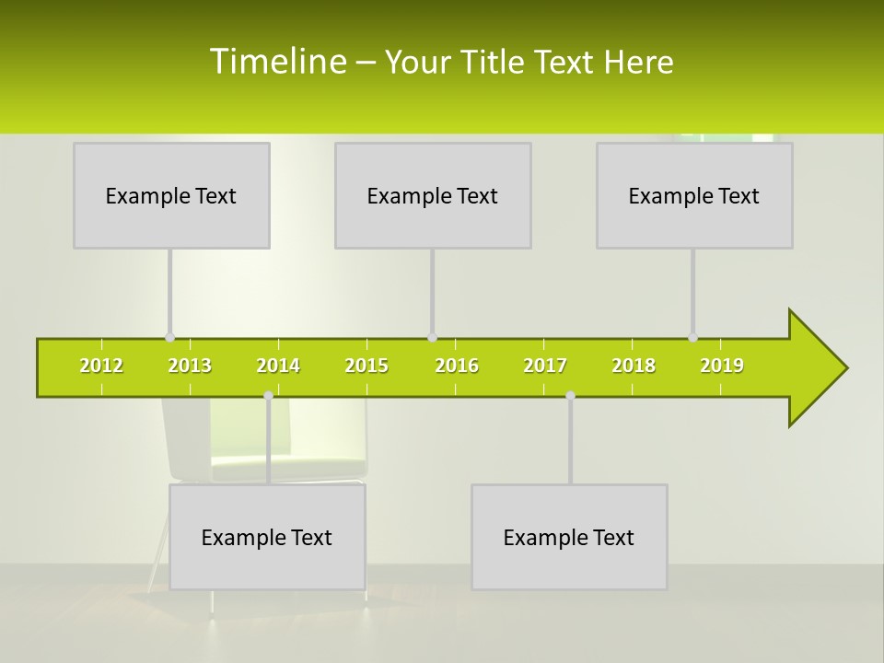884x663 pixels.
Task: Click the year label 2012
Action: [101, 366]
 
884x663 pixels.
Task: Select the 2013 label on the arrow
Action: [190, 366]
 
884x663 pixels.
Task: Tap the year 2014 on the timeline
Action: [278, 366]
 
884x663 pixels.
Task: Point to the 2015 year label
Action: [366, 366]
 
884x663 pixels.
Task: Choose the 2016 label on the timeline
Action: [457, 366]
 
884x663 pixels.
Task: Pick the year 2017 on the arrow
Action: [545, 366]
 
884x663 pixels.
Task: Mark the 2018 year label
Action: [634, 366]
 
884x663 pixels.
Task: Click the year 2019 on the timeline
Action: [722, 366]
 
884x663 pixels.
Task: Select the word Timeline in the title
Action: [276, 62]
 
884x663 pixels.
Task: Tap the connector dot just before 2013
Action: [169, 338]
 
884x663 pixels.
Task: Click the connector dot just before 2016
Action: [432, 338]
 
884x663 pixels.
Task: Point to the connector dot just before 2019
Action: [693, 338]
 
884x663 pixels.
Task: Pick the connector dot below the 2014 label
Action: [268, 396]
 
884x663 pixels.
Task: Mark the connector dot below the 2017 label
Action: [570, 396]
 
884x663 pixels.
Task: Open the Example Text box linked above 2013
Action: [171, 196]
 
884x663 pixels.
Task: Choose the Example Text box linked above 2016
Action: [433, 196]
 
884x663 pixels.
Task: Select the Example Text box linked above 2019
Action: [694, 196]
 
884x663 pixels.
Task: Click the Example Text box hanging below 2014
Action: [267, 538]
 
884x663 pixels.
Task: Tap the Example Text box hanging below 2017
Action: [569, 538]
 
